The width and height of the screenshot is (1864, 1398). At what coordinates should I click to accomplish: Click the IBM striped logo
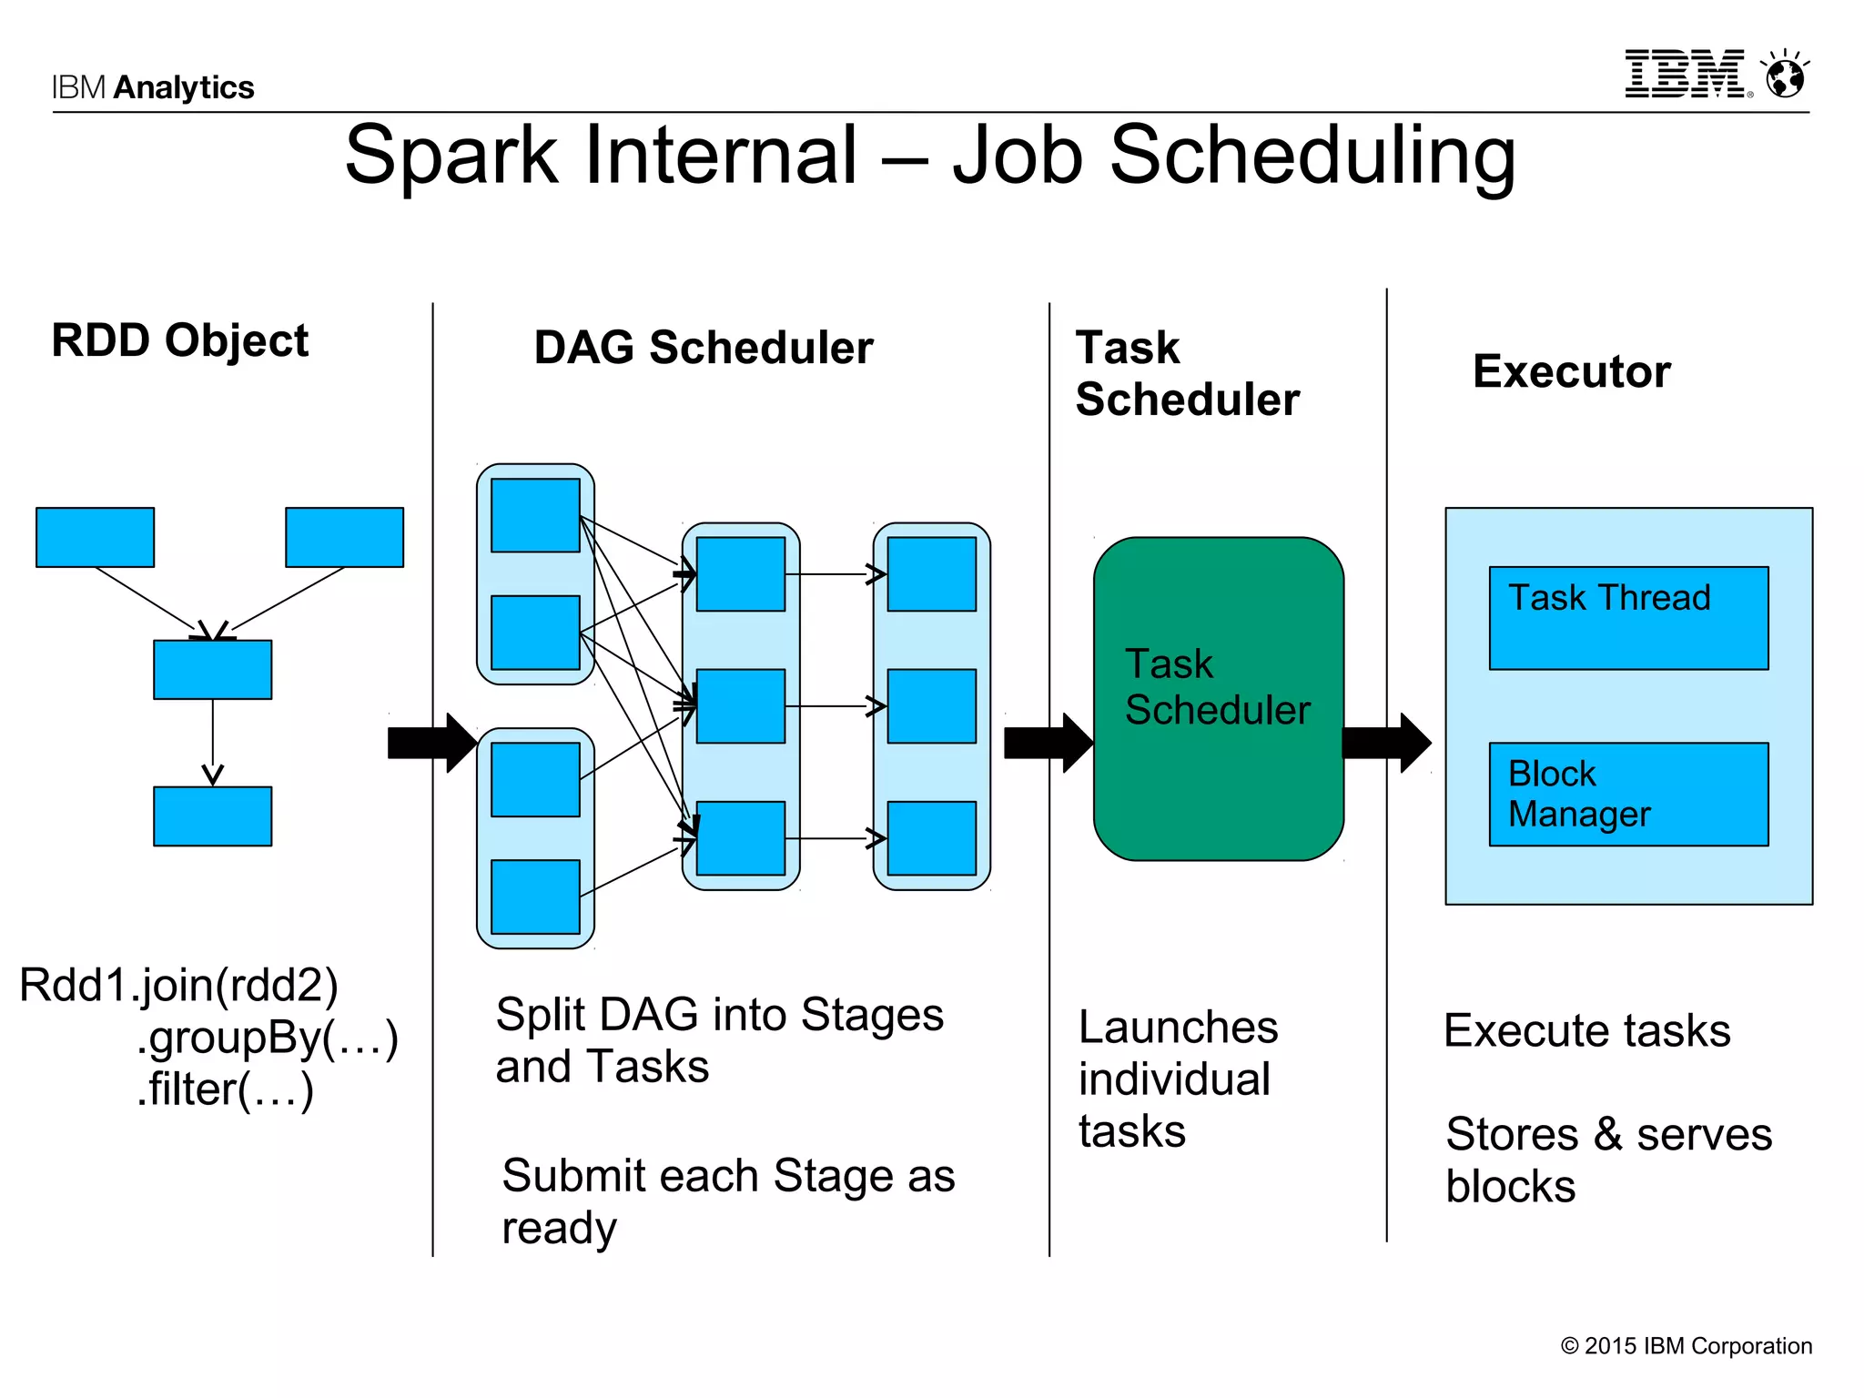pos(1686,75)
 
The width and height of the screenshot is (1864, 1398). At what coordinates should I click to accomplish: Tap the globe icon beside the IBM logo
pos(1785,76)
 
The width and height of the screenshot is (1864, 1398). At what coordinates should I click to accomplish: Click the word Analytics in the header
pos(184,87)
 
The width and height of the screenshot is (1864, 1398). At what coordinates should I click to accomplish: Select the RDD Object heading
pos(179,341)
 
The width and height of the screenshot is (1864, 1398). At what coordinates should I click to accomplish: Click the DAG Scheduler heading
pos(703,348)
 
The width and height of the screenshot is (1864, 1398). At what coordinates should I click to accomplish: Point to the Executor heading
pos(1571,371)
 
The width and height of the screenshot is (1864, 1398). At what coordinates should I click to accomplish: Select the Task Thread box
pos(1627,619)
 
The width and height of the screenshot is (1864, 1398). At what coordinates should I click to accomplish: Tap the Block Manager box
pos(1627,794)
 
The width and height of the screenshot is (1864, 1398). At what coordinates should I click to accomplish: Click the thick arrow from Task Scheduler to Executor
pos(1385,743)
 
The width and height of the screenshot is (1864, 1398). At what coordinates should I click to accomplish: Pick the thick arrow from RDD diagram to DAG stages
pos(431,743)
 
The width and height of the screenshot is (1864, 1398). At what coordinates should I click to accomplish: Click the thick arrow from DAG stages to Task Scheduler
pos(1047,743)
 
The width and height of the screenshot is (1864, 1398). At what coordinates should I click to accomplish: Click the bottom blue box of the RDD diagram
pos(212,816)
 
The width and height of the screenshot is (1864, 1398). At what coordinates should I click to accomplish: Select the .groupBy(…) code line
pos(268,1038)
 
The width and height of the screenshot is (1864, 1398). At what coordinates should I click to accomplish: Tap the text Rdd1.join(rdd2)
pos(178,985)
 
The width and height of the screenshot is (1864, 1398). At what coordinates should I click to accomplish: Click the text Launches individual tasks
pos(1176,1079)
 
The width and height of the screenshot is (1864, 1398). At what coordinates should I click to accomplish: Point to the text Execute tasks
pos(1586,1031)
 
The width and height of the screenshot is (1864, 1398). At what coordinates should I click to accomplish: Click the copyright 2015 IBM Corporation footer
pos(1686,1346)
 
